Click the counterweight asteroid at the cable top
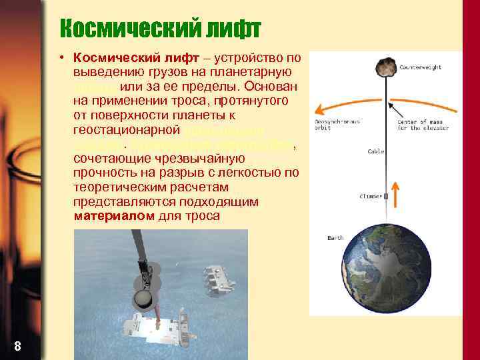coord(385,67)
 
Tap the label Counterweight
coord(420,67)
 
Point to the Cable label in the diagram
coord(375,151)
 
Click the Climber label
coord(371,197)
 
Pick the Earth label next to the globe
coord(335,238)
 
